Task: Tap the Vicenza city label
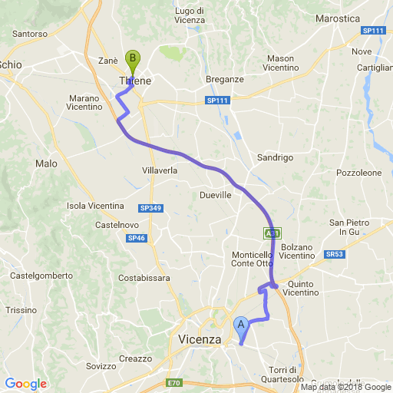pyautogui.click(x=199, y=339)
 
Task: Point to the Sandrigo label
pyautogui.click(x=275, y=157)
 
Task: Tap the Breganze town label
pyautogui.click(x=225, y=79)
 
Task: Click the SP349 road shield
pyautogui.click(x=150, y=208)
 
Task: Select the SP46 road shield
pyautogui.click(x=137, y=239)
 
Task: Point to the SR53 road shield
pyautogui.click(x=334, y=254)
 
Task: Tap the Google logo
pyautogui.click(x=25, y=384)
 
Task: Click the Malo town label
pyautogui.click(x=46, y=163)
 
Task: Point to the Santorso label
pyautogui.click(x=31, y=34)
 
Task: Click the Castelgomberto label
pyautogui.click(x=41, y=275)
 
